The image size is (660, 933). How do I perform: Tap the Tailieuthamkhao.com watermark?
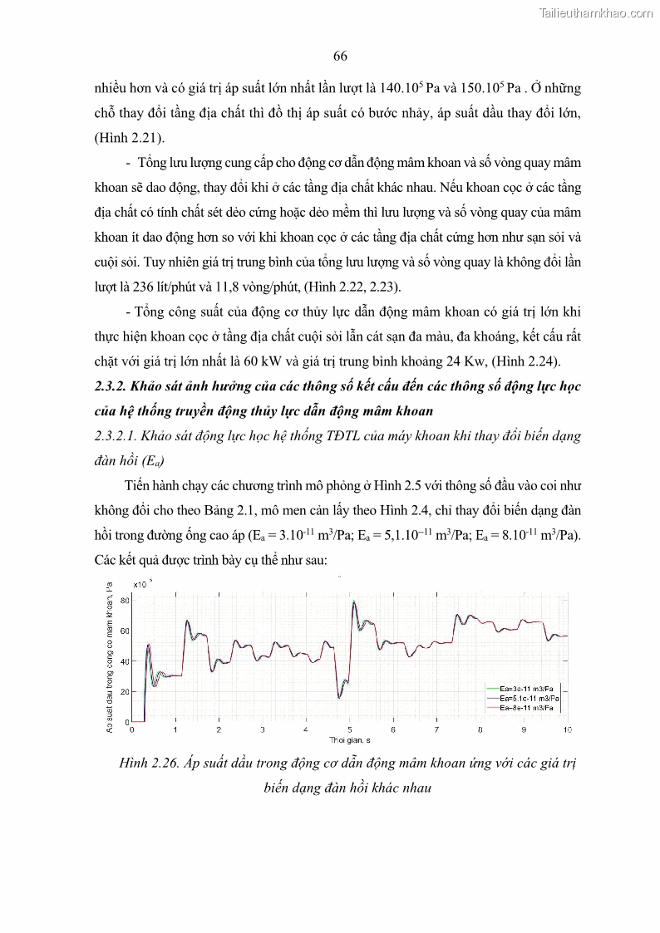pos(596,12)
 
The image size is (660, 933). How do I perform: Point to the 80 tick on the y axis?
pos(125,600)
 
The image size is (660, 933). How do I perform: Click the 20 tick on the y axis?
pos(125,691)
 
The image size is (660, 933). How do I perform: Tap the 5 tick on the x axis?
pos(350,729)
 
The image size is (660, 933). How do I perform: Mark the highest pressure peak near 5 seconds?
pos(354,602)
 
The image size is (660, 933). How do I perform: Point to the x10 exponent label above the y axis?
pos(142,585)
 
